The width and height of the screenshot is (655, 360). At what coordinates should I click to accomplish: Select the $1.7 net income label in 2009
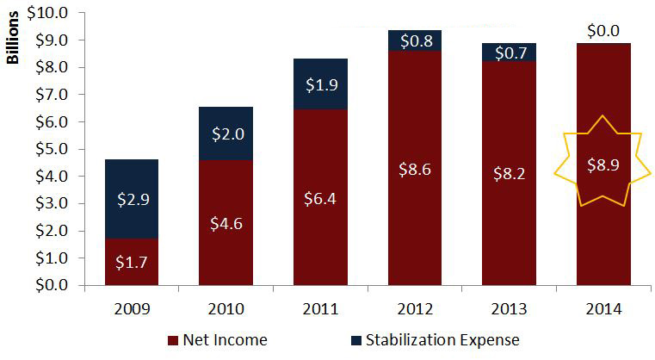click(131, 258)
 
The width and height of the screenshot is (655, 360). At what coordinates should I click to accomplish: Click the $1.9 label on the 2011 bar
click(320, 84)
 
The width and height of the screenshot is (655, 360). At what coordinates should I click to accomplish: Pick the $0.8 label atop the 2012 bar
click(415, 40)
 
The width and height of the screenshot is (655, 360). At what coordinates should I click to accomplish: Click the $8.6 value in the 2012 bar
click(415, 170)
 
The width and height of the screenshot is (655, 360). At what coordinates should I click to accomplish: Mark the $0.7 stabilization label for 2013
click(510, 53)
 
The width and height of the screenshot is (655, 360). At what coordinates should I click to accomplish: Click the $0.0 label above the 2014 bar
click(604, 31)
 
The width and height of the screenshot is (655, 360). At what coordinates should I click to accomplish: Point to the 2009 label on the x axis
click(131, 307)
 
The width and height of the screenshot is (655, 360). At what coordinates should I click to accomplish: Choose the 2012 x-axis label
click(415, 307)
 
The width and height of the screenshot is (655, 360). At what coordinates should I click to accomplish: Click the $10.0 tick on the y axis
click(49, 13)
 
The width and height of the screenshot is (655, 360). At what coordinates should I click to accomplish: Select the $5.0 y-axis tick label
click(53, 149)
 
